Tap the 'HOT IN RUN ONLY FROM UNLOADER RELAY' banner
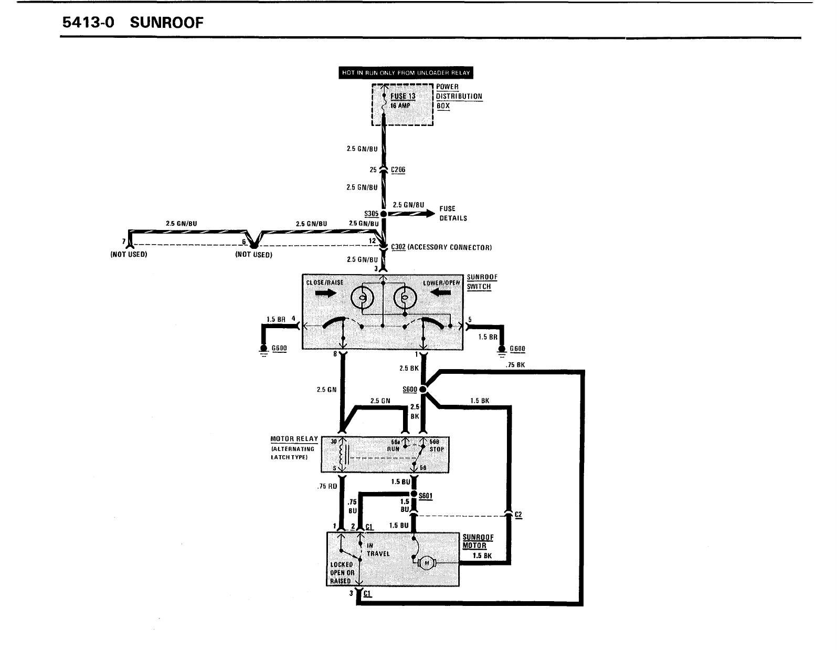(406, 72)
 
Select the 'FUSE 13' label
(402, 97)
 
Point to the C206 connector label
(398, 170)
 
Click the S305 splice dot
(384, 214)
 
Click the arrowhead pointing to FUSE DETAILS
(430, 213)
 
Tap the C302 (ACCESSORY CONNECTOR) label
(441, 247)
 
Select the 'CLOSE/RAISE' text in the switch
(324, 282)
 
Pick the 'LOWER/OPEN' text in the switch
(441, 282)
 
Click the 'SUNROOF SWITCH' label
(482, 282)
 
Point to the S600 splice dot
(423, 390)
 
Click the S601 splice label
(426, 495)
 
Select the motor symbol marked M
(427, 563)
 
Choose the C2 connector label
(518, 515)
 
